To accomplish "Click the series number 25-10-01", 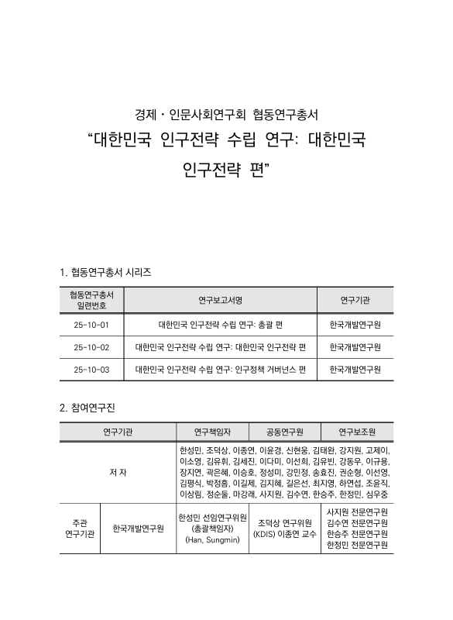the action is coord(91,324).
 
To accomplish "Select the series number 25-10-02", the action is coord(91,346).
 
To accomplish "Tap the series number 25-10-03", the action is coord(91,370).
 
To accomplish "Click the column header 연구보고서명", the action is coord(221,299).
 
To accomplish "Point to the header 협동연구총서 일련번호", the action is coord(91,299).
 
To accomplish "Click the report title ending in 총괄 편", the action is coord(221,324).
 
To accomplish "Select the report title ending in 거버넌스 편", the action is coord(221,370).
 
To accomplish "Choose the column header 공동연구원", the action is coord(284,432).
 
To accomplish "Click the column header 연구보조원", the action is coord(357,432).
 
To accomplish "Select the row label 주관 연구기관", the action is coord(80,529).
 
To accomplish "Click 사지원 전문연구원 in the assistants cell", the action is coord(357,512).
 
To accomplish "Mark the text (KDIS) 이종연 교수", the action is coord(284,534).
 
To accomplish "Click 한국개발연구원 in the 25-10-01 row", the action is coord(355,324).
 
